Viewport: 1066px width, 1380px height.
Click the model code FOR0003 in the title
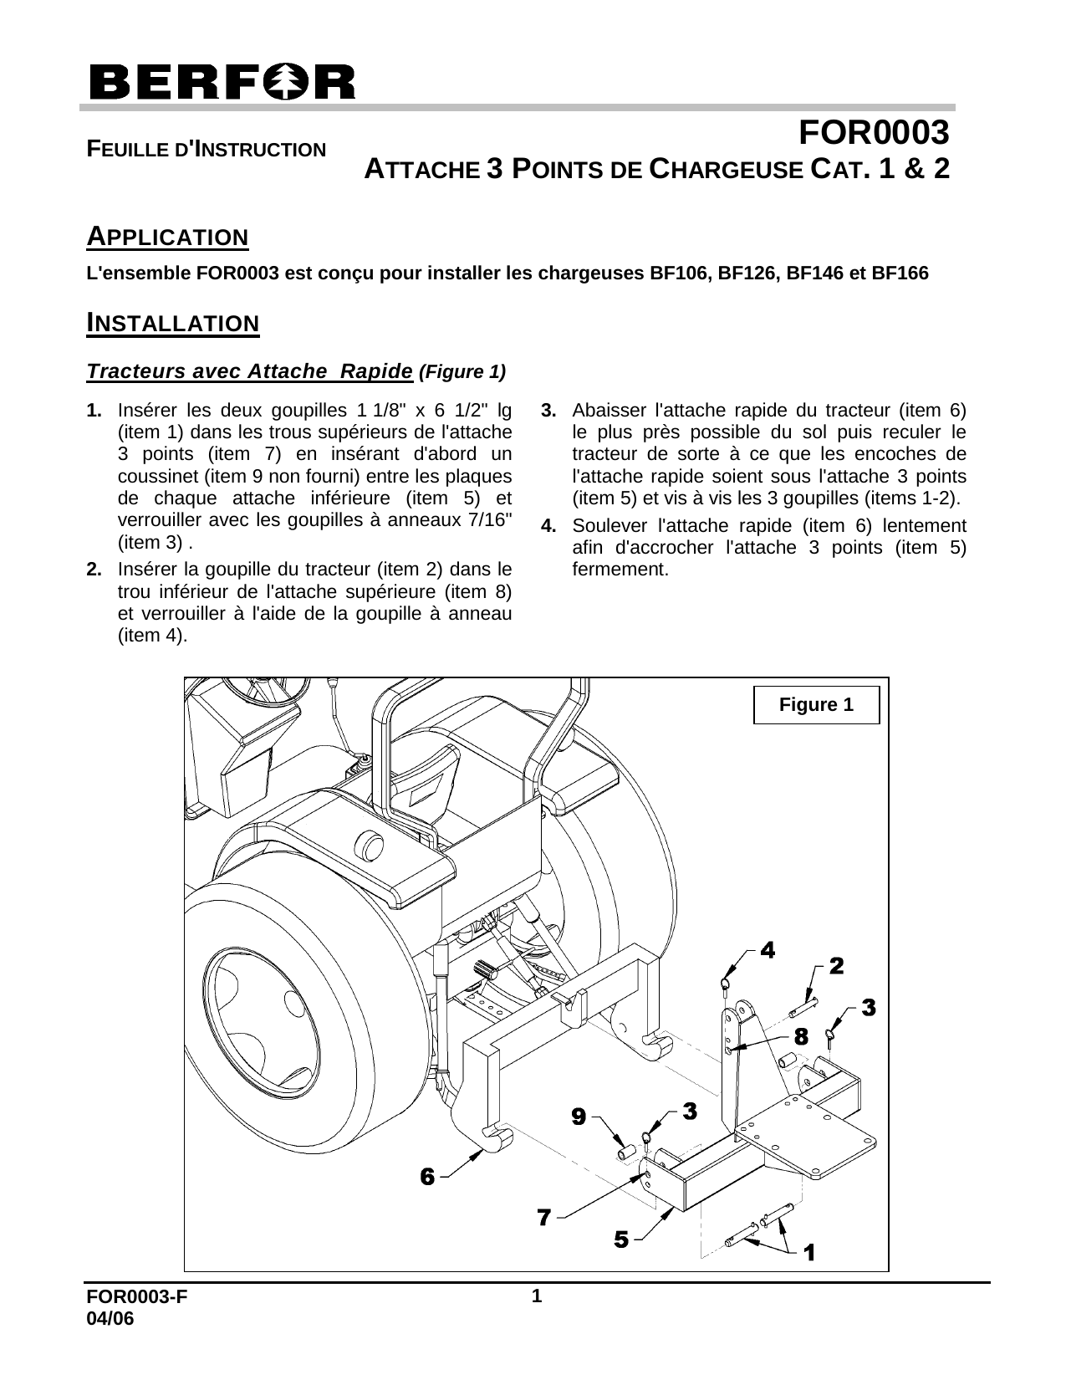(874, 132)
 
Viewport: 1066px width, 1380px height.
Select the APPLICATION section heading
(168, 237)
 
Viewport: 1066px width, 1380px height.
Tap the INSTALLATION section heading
(173, 323)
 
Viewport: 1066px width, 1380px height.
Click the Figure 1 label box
(816, 704)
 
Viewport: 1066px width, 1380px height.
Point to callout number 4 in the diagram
(767, 949)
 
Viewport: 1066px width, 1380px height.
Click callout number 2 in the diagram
(836, 966)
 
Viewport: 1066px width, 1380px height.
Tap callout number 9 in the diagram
(578, 1116)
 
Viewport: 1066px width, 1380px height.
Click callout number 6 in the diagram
(427, 1177)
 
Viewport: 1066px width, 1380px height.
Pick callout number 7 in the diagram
(543, 1217)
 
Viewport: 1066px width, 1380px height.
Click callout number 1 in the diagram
(809, 1252)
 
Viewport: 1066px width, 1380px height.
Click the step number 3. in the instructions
(549, 411)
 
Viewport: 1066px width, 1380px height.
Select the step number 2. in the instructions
(94, 570)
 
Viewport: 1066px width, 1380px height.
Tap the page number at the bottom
(538, 1297)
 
